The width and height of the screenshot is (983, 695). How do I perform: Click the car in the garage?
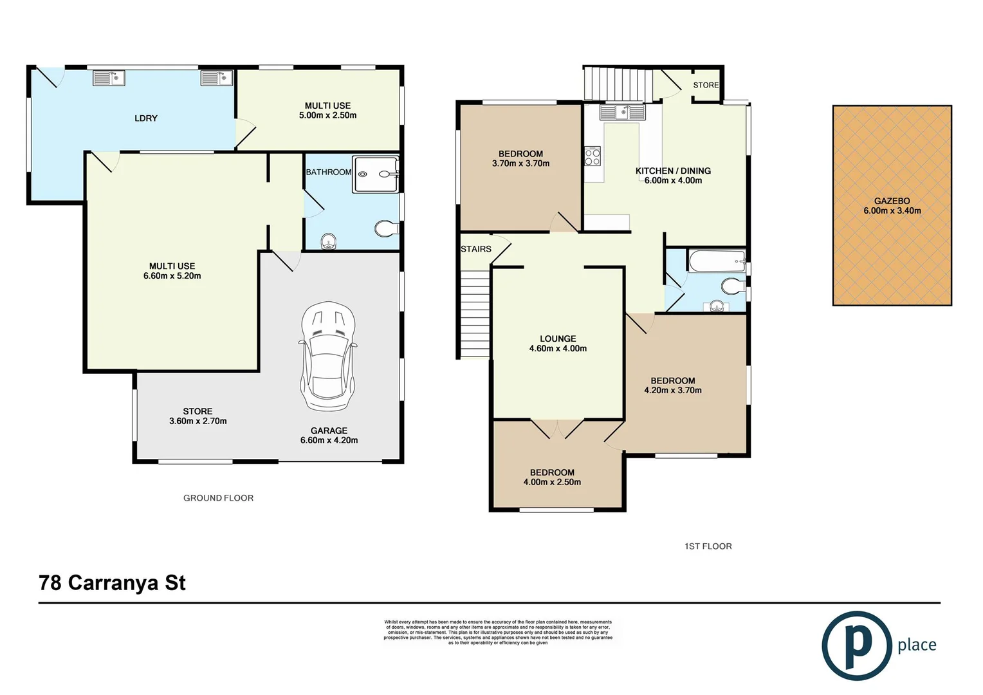click(x=328, y=356)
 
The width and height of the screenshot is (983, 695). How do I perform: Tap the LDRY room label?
click(x=146, y=118)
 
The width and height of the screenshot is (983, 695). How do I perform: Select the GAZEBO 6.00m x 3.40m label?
click(x=892, y=206)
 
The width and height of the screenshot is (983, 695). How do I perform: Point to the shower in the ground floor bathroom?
click(x=376, y=174)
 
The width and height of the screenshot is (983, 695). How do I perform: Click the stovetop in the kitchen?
click(x=592, y=156)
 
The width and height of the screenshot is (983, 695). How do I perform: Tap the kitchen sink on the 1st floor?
click(x=621, y=113)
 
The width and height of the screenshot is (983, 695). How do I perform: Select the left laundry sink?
click(x=109, y=79)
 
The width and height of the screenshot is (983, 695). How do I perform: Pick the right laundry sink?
click(x=216, y=79)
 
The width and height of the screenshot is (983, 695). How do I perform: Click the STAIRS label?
click(x=475, y=249)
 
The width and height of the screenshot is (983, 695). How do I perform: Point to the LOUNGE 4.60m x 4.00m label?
click(x=558, y=344)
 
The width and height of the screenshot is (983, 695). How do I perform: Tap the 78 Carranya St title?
click(x=112, y=583)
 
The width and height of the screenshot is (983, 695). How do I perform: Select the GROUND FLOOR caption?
click(x=218, y=498)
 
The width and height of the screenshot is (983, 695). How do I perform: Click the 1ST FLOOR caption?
click(x=708, y=546)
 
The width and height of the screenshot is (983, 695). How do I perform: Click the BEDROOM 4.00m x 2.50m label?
click(x=552, y=477)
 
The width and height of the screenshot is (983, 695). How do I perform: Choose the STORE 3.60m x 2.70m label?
click(x=198, y=416)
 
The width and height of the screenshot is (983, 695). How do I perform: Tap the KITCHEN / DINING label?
click(x=673, y=176)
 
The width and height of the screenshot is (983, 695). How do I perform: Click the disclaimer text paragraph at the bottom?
click(x=498, y=632)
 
